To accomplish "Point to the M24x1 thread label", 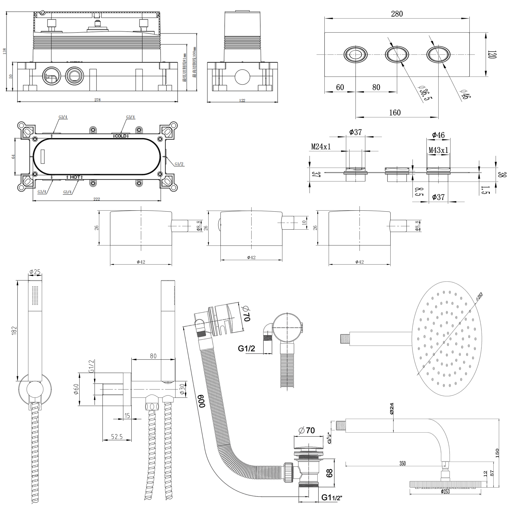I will [321, 147].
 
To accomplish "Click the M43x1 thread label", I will [438, 150].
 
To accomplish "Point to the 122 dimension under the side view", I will [242, 100].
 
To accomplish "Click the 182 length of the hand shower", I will [14, 330].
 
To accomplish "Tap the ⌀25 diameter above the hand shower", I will [35, 272].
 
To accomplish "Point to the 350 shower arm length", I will [402, 463].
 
